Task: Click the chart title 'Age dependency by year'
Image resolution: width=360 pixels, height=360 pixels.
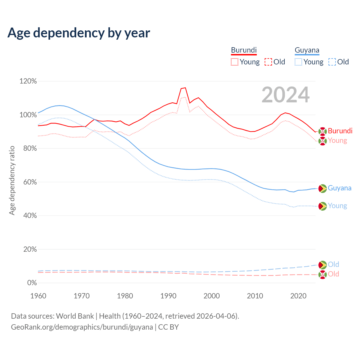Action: click(79, 33)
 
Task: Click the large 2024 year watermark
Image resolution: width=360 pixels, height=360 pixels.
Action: click(285, 95)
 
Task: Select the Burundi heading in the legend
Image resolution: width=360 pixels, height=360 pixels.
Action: click(244, 50)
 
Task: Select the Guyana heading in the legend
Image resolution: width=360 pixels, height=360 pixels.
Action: click(307, 50)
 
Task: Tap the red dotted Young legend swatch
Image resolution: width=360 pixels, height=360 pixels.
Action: click(235, 62)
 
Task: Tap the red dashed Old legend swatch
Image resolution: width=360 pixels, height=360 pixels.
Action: click(268, 62)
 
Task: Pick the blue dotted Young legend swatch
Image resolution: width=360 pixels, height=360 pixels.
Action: click(298, 62)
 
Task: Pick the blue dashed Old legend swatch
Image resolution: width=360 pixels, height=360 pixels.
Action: click(332, 62)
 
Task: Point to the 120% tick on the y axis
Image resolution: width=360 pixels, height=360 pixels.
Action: click(28, 81)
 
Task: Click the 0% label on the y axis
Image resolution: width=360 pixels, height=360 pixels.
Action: click(32, 283)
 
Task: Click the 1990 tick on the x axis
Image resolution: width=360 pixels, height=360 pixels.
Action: click(168, 296)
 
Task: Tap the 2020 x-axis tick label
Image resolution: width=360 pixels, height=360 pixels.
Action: click(298, 296)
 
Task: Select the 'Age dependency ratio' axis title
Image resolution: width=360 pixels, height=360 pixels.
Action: click(12, 180)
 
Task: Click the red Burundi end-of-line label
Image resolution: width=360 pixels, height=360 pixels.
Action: click(340, 131)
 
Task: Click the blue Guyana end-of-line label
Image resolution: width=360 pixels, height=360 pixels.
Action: click(339, 188)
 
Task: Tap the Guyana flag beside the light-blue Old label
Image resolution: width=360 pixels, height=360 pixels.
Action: click(322, 265)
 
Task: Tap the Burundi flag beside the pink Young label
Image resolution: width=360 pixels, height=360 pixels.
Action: click(322, 141)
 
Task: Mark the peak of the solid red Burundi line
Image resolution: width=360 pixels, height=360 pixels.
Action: click(185, 88)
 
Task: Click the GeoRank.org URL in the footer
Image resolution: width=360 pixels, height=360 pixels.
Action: click(82, 327)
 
